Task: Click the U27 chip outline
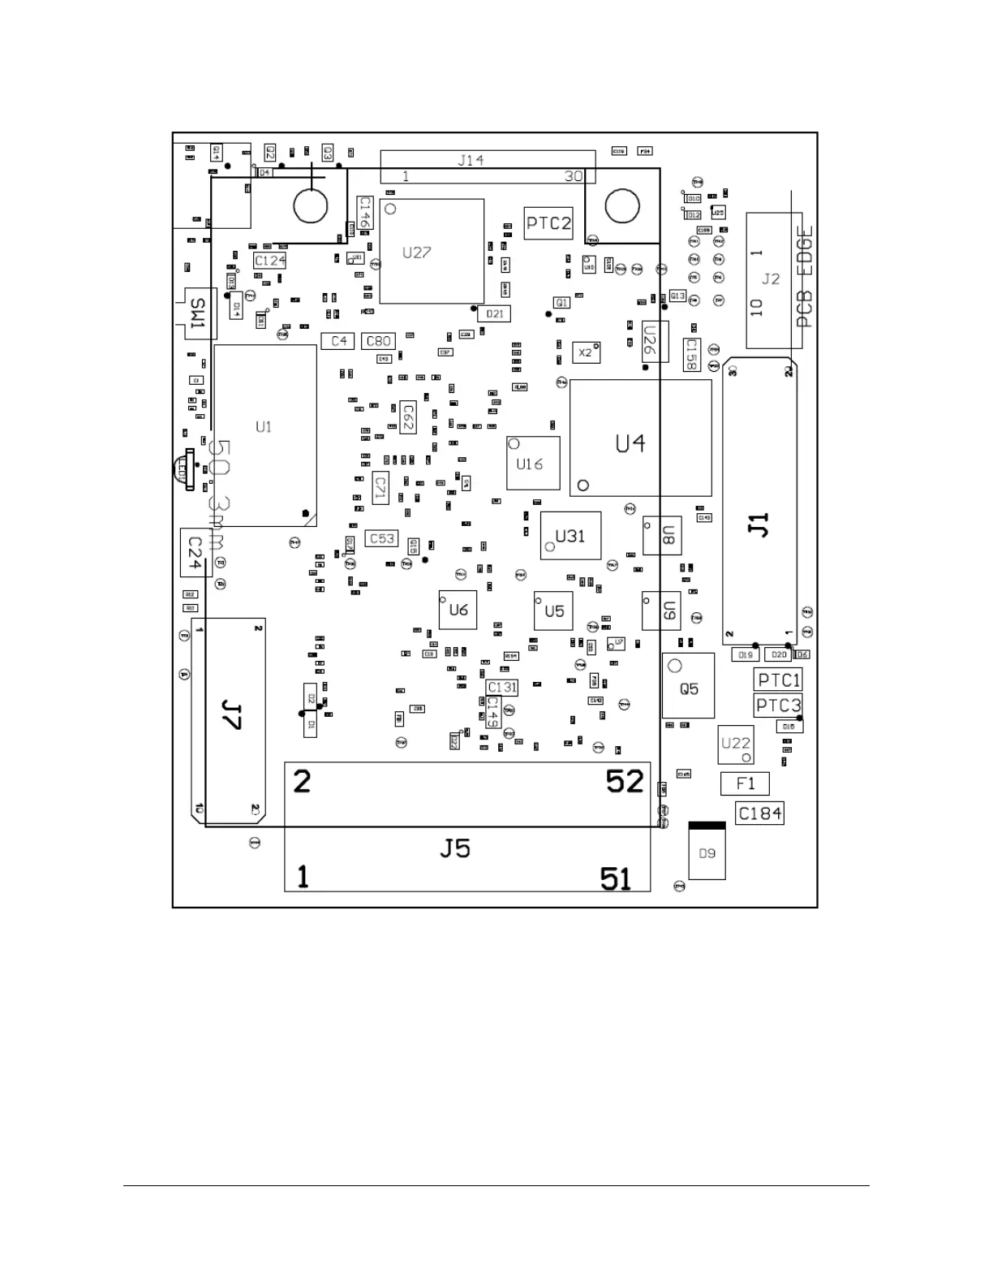coord(431,252)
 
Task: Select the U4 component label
coord(630,443)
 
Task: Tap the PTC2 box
coord(548,223)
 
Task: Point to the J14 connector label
coord(471,160)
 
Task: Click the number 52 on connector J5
coord(625,782)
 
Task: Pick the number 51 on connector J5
coord(616,878)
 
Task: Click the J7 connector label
coord(231,716)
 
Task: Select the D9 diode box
coord(707,852)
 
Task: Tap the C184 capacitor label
coord(760,813)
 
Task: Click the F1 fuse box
coord(745,783)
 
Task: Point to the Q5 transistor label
coord(689,689)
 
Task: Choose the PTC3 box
coord(778,705)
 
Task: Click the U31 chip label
coord(570,536)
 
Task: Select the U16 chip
coord(533,464)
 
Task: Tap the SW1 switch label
coord(197,314)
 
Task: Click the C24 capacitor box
coord(195,552)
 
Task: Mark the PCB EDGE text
coord(804,276)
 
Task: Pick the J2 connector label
coord(771,279)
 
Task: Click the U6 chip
coord(458,610)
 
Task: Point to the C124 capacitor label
coord(269,261)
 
